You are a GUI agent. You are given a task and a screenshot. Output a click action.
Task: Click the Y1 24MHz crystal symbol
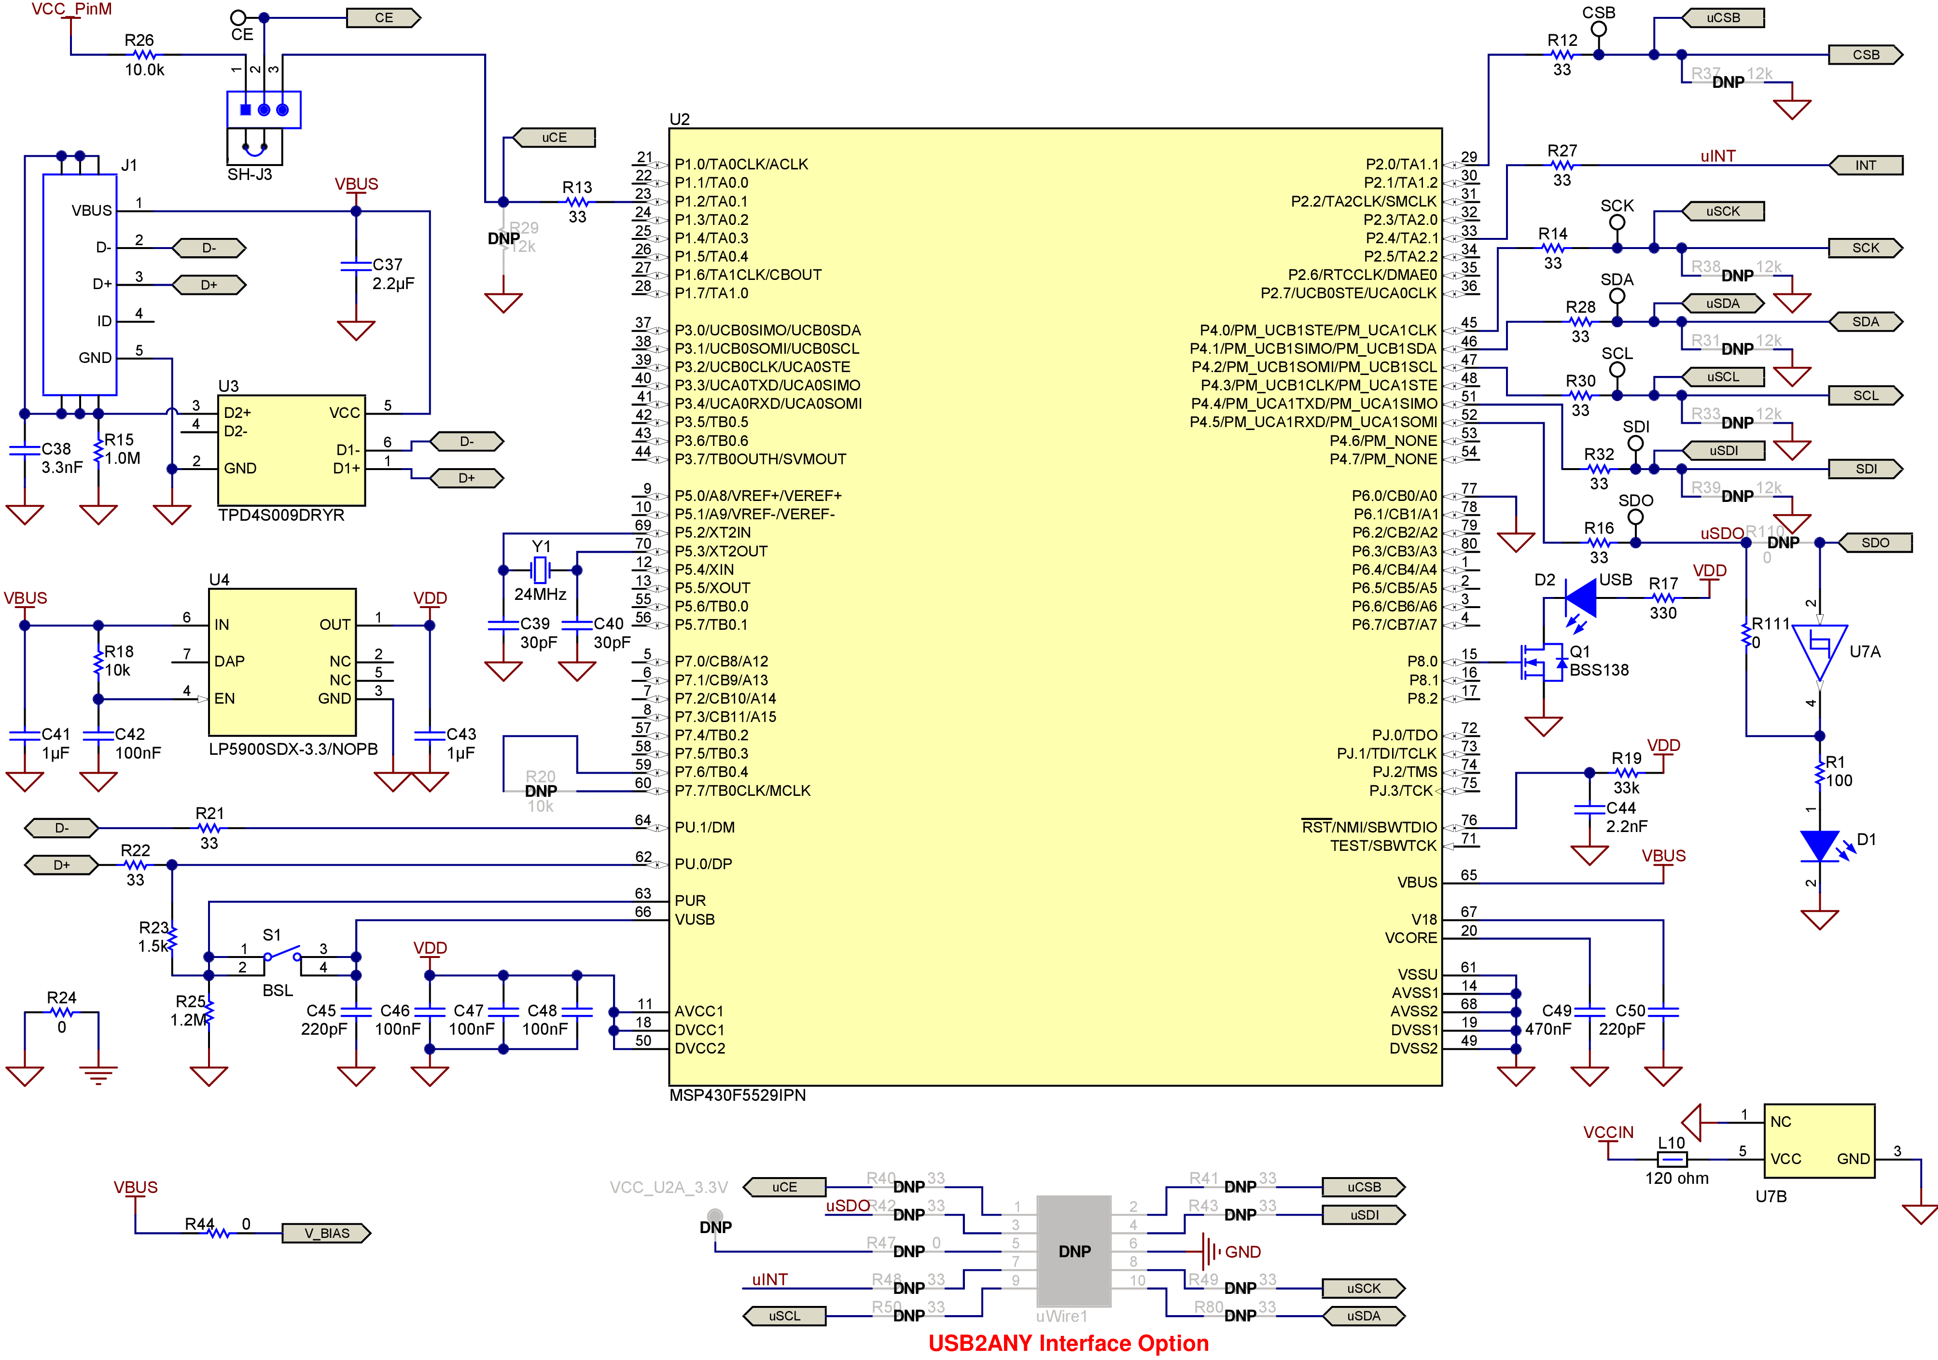click(x=540, y=570)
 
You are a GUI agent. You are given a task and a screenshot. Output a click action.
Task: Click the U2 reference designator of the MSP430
click(x=680, y=119)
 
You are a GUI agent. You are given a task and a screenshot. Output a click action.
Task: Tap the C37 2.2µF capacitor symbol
click(x=355, y=266)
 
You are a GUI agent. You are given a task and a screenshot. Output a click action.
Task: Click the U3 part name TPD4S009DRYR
click(x=281, y=515)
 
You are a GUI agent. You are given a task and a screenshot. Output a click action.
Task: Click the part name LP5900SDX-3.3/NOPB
click(x=293, y=749)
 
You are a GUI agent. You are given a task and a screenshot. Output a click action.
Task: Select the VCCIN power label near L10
click(x=1608, y=1132)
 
